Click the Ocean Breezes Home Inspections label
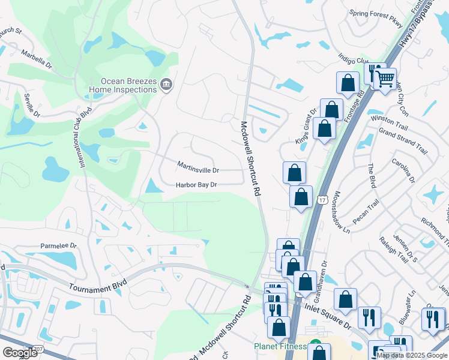123,86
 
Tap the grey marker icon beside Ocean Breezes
166,86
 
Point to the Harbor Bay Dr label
196,185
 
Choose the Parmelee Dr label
59,245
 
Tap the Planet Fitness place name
280,346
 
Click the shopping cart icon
385,78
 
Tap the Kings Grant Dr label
306,126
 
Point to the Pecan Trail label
366,214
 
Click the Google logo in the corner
20,352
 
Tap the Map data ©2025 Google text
412,355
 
